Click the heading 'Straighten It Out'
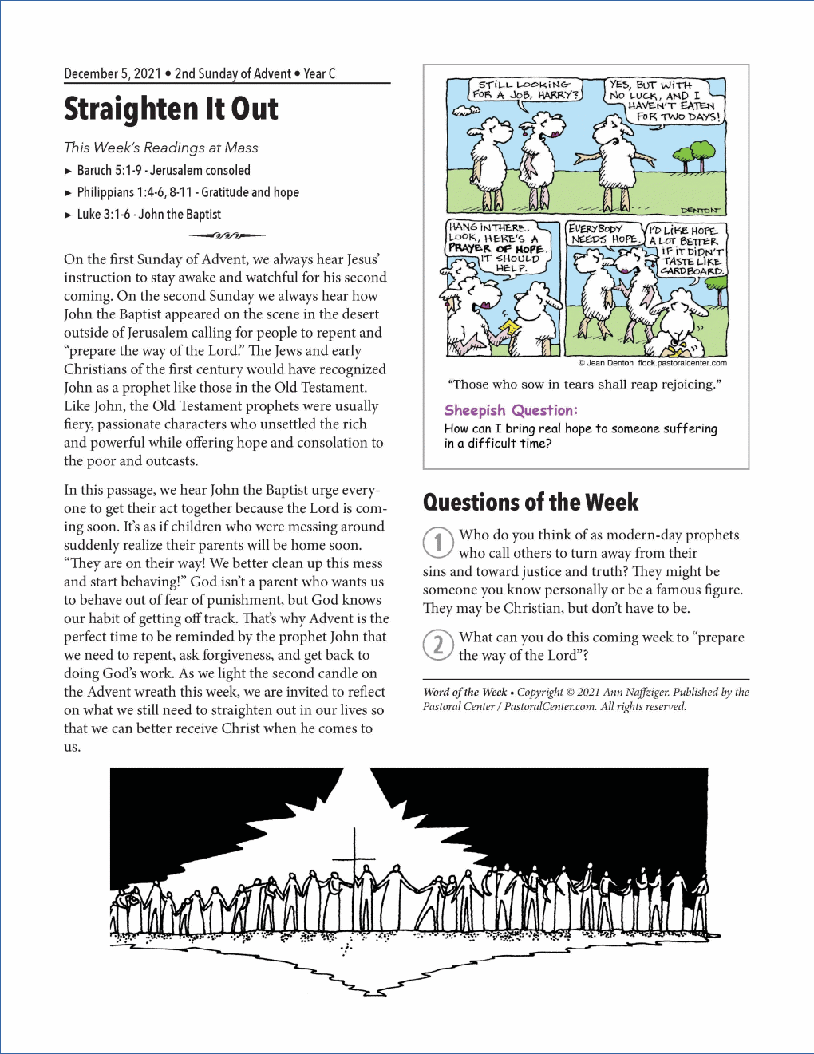point(171,109)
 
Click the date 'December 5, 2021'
point(113,73)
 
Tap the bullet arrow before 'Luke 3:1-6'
point(69,215)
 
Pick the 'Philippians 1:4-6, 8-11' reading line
point(188,192)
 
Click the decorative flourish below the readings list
point(227,235)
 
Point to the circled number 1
point(438,543)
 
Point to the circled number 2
point(438,645)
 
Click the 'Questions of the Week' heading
point(531,502)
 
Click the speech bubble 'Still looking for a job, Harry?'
point(524,89)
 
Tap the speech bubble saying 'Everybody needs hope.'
point(604,234)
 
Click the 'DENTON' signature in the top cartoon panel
point(700,210)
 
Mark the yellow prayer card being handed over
point(509,328)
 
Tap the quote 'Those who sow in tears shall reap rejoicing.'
point(584,385)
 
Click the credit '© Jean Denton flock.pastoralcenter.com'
point(652,363)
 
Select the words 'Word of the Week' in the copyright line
point(465,692)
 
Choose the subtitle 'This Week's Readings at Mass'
point(161,148)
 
